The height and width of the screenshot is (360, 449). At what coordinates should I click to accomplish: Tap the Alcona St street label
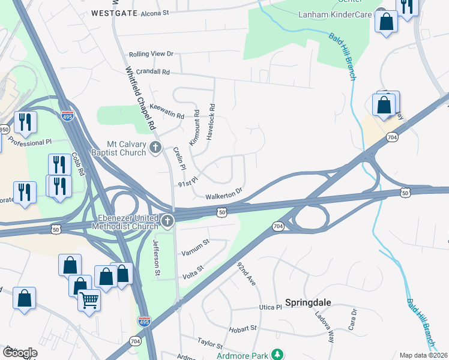point(155,12)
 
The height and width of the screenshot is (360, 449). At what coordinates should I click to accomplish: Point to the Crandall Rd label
point(153,71)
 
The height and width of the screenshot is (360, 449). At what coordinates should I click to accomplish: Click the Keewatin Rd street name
point(166,109)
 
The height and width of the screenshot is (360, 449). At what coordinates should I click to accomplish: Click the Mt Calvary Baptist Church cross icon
point(155,148)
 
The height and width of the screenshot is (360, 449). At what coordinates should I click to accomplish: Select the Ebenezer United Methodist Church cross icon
point(167,222)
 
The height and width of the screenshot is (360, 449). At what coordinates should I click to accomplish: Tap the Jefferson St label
point(157,259)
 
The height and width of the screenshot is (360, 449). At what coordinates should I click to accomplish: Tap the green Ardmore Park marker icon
point(277,355)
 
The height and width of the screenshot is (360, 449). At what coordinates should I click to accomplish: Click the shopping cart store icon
point(89,299)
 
